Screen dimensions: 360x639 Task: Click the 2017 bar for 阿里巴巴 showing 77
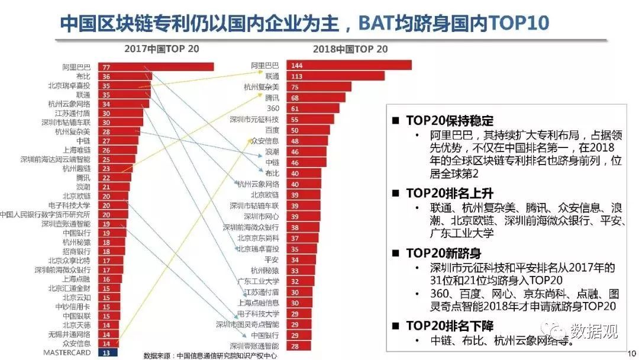pyautogui.click(x=156, y=67)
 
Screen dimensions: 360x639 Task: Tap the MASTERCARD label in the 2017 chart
pyautogui.click(x=67, y=352)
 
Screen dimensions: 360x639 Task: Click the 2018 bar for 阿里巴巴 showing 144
pyautogui.click(x=348, y=65)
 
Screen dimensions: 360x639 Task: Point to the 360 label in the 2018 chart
pyautogui.click(x=273, y=108)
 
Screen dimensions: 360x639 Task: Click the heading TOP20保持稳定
pyautogui.click(x=449, y=120)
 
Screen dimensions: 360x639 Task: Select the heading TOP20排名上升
pyautogui.click(x=449, y=193)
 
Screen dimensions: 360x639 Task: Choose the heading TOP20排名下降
pyautogui.click(x=449, y=326)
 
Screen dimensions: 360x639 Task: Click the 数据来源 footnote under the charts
pyautogui.click(x=211, y=355)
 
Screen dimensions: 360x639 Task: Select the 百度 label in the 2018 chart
pyautogui.click(x=272, y=130)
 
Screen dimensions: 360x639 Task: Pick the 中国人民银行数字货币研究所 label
pyautogui.click(x=45, y=214)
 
